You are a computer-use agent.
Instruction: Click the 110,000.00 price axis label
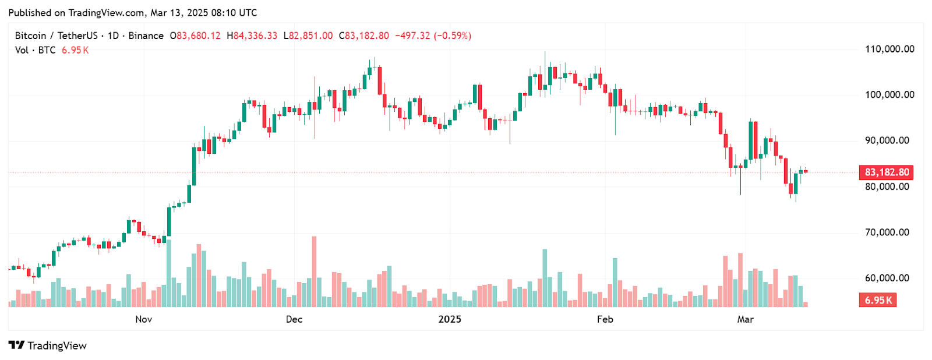coord(889,49)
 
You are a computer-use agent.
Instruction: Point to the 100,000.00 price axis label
coord(889,95)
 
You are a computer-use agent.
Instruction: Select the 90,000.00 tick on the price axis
coord(887,140)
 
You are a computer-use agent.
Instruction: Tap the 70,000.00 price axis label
coord(887,232)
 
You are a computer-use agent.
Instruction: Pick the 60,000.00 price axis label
coord(887,278)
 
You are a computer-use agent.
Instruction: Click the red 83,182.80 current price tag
coord(886,172)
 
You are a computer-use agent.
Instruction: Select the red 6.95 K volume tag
coord(878,300)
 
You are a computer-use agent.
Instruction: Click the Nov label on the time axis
coord(143,319)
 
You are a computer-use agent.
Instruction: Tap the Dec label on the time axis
coord(294,319)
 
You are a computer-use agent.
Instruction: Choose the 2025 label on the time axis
coord(450,319)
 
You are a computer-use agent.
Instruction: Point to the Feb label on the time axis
coord(605,319)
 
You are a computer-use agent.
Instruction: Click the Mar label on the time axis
coord(745,319)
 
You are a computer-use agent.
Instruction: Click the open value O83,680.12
coord(195,36)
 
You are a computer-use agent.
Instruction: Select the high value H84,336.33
coord(252,36)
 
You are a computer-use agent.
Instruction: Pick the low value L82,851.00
coord(308,36)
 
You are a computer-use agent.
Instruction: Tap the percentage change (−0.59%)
coord(452,36)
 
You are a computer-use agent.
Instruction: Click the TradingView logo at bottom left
coord(47,345)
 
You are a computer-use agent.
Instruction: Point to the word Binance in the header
coord(146,36)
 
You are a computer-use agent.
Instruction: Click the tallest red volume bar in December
coord(314,271)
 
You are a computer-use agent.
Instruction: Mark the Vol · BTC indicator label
coord(35,50)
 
